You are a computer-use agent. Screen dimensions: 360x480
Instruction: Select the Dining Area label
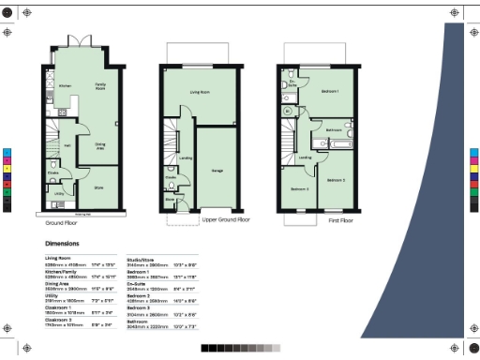pyautogui.click(x=100, y=145)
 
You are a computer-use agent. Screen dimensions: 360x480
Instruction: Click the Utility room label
pyautogui.click(x=58, y=194)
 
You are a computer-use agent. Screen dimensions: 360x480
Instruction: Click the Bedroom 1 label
pyautogui.click(x=330, y=91)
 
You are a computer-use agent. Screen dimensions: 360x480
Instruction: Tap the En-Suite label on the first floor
pyautogui.click(x=292, y=82)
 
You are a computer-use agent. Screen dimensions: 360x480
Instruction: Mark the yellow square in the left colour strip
pyautogui.click(x=7, y=166)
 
